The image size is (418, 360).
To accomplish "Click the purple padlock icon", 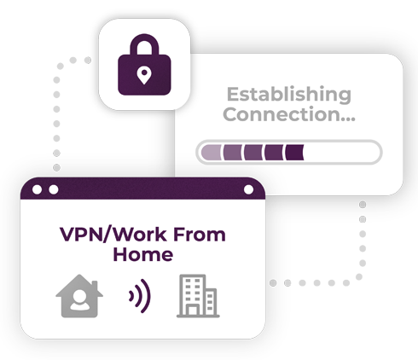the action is click(144, 65).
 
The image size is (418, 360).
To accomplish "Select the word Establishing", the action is click(289, 96).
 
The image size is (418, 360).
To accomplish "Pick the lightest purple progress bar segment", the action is click(211, 153).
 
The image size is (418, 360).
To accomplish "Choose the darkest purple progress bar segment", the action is click(294, 153).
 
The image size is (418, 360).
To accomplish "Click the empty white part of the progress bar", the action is click(341, 153).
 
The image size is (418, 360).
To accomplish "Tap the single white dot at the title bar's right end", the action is click(248, 189).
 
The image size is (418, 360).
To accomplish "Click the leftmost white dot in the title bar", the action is click(37, 189).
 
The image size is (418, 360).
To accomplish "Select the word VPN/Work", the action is click(113, 235).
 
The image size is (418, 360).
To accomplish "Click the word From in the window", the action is click(200, 235).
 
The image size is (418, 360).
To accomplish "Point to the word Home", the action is click(143, 254).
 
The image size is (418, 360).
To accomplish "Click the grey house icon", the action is click(79, 296).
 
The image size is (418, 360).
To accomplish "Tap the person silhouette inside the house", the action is click(80, 300).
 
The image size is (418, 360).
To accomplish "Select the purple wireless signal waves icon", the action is click(140, 296).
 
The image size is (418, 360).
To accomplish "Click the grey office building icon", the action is click(198, 296).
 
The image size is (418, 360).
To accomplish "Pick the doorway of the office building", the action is click(193, 311).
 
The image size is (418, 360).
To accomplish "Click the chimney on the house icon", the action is click(95, 286).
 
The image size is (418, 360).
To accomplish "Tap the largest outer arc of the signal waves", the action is click(148, 296).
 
